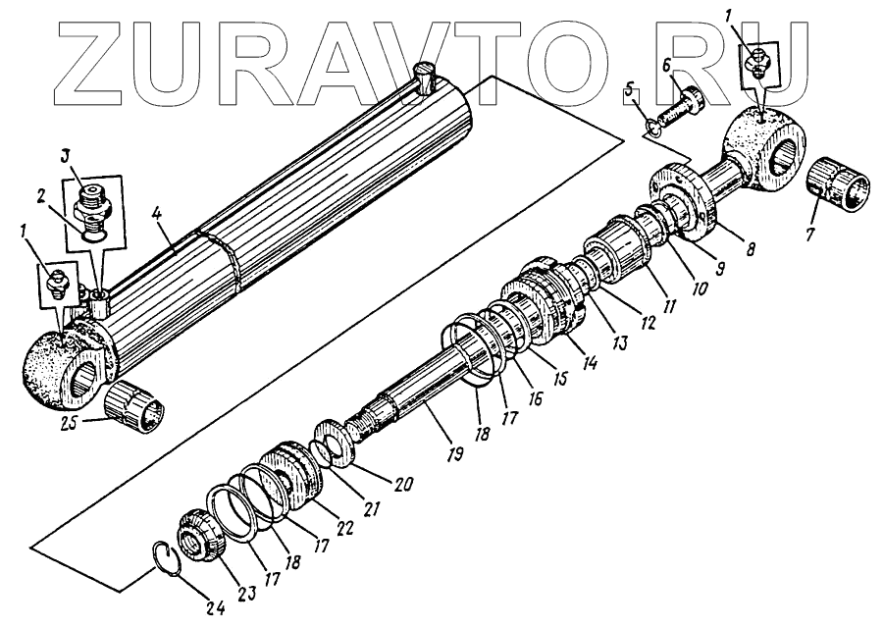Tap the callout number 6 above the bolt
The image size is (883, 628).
(x=666, y=65)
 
